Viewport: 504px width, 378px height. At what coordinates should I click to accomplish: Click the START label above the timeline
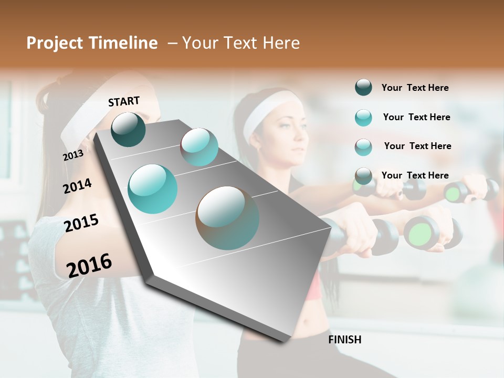pyautogui.click(x=124, y=101)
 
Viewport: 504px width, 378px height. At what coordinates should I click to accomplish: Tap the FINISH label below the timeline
pyautogui.click(x=344, y=340)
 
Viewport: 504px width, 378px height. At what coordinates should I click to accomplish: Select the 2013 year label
pyautogui.click(x=73, y=155)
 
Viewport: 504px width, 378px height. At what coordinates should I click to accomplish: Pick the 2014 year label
pyautogui.click(x=77, y=186)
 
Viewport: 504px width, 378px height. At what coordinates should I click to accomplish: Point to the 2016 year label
pyautogui.click(x=89, y=265)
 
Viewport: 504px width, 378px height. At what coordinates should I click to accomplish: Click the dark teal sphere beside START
pyautogui.click(x=128, y=129)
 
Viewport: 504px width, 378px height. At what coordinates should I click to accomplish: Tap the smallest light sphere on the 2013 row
pyautogui.click(x=199, y=147)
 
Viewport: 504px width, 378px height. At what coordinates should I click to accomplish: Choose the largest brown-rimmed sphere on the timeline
pyautogui.click(x=227, y=218)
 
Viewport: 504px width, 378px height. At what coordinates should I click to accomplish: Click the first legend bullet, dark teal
pyautogui.click(x=363, y=88)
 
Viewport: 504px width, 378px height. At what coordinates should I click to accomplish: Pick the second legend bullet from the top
pyautogui.click(x=363, y=118)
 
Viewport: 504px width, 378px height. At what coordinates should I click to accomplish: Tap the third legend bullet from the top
pyautogui.click(x=363, y=147)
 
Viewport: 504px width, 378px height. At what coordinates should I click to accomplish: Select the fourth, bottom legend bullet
pyautogui.click(x=363, y=176)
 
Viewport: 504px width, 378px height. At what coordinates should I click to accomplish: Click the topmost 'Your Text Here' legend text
pyautogui.click(x=415, y=88)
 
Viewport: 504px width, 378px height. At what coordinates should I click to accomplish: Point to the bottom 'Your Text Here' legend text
pyautogui.click(x=415, y=175)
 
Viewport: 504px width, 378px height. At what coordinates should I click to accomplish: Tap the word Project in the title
pyautogui.click(x=55, y=43)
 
